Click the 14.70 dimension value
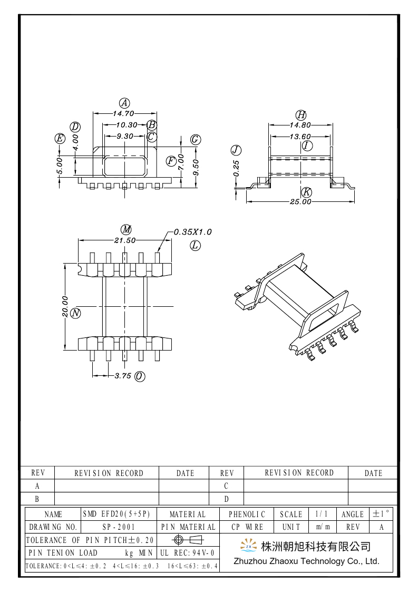point(124,113)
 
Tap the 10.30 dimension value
point(127,125)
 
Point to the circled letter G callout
point(196,139)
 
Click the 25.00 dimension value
point(300,201)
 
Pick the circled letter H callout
point(300,115)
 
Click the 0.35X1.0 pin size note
point(193,231)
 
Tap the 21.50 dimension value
point(125,240)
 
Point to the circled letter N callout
point(76,314)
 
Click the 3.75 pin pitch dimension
point(123,376)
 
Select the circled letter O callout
point(140,376)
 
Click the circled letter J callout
point(236,149)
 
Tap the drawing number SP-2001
point(119,527)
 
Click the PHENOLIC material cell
point(247,514)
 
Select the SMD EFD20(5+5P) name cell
point(119,514)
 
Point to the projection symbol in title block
point(188,540)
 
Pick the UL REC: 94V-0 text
point(187,553)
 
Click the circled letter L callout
point(196,245)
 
